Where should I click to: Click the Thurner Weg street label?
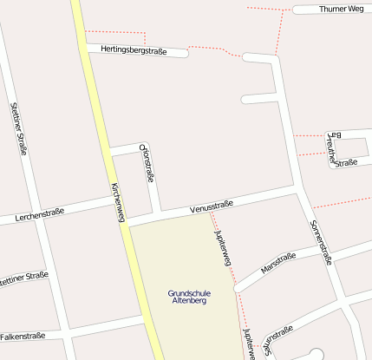pyautogui.click(x=341, y=9)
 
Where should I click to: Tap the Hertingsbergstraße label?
pyautogui.click(x=134, y=51)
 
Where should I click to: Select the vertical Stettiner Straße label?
pyautogui.click(x=18, y=128)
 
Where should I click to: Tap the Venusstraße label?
pyautogui.click(x=212, y=208)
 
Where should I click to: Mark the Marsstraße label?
pyautogui.click(x=278, y=262)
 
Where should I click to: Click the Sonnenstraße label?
pyautogui.click(x=321, y=241)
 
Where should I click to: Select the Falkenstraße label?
pyautogui.click(x=23, y=336)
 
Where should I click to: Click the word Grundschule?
pyautogui.click(x=188, y=293)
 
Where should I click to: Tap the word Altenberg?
pyautogui.click(x=189, y=301)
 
